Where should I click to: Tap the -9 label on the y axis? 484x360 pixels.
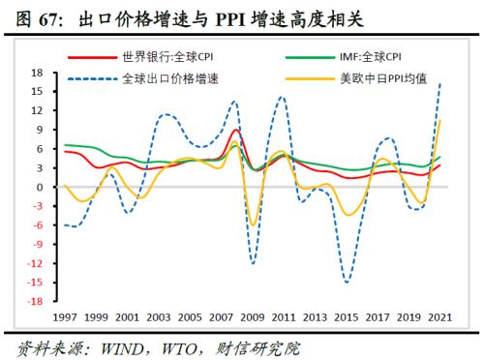[37, 244]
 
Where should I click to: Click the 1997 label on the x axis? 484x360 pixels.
[66, 316]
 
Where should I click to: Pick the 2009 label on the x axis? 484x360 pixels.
[254, 316]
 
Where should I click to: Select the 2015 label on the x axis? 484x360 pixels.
[348, 316]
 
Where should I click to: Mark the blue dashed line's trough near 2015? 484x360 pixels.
[348, 282]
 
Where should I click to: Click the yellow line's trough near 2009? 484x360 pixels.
[254, 225]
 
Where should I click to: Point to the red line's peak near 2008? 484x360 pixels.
[238, 130]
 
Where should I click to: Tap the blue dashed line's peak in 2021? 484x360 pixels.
[441, 83]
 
